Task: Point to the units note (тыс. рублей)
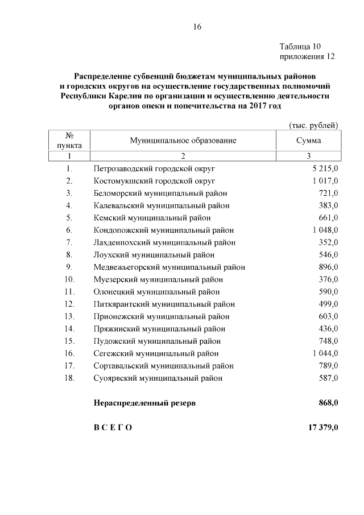click(314, 125)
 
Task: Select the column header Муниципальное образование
click(183, 140)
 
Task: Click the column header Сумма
click(308, 140)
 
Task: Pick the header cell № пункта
click(69, 140)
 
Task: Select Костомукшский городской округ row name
click(154, 181)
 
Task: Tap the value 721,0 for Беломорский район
click(329, 193)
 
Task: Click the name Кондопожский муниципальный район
click(163, 230)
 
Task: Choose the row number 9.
click(69, 267)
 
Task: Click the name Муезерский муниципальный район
click(158, 279)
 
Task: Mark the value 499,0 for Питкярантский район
click(329, 304)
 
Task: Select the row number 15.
click(69, 341)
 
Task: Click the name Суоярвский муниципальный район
click(158, 378)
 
